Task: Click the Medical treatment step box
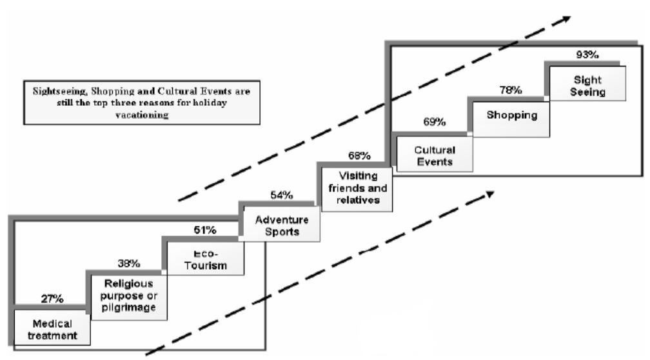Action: pos(52,327)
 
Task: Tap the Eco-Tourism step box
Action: pos(206,258)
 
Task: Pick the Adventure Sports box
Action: pos(281,224)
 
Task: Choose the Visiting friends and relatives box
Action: pos(357,189)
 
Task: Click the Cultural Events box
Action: pos(435,154)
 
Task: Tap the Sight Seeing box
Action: pos(588,83)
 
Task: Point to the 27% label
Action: pos(52,299)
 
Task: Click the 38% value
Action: pos(128,263)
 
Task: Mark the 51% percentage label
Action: pos(205,230)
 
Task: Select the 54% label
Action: pos(281,195)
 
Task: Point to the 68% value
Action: pos(359,156)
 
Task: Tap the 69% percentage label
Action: pos(435,122)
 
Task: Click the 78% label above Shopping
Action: pos(511,90)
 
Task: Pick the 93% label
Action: pos(587,54)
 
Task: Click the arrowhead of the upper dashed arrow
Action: pos(566,19)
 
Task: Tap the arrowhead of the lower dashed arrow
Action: pos(490,194)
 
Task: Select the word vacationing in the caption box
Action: pos(142,115)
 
